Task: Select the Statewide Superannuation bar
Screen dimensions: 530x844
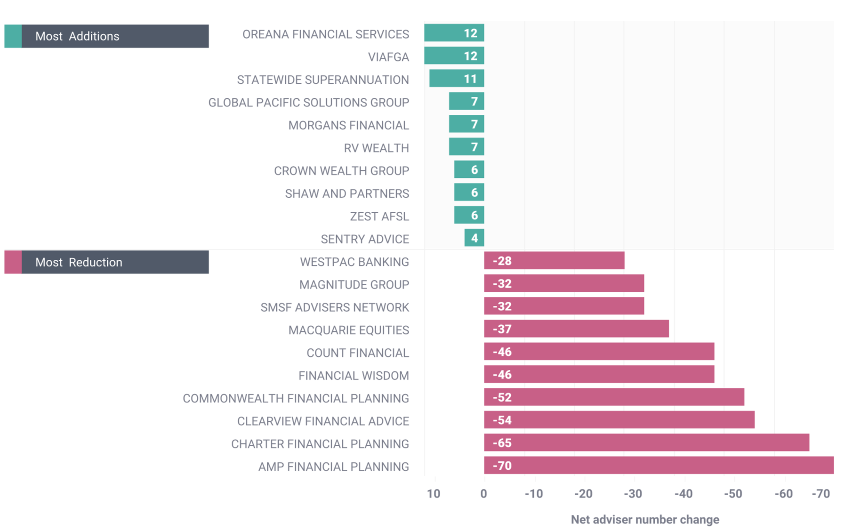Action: coord(456,79)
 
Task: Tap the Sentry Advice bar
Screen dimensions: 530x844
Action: coord(474,238)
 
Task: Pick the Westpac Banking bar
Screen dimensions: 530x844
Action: coord(554,261)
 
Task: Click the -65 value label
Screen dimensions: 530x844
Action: coord(502,443)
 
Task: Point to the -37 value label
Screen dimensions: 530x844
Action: coord(502,329)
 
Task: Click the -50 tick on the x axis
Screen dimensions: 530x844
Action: coord(733,494)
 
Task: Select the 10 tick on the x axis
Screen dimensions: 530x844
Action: coord(434,494)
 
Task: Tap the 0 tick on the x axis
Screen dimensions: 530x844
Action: coord(483,494)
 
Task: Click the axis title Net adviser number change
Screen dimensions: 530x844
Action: coord(644,520)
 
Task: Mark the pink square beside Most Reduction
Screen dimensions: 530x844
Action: coord(13,262)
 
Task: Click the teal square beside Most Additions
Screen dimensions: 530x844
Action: coord(13,36)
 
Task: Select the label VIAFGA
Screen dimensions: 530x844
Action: coord(388,57)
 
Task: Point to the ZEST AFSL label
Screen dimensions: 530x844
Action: coord(379,217)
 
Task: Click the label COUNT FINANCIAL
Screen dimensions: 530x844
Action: coord(358,353)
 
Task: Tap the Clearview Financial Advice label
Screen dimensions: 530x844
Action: coord(323,421)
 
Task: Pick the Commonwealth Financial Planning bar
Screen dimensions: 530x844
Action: coord(614,397)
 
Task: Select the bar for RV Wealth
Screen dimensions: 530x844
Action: coord(466,147)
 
